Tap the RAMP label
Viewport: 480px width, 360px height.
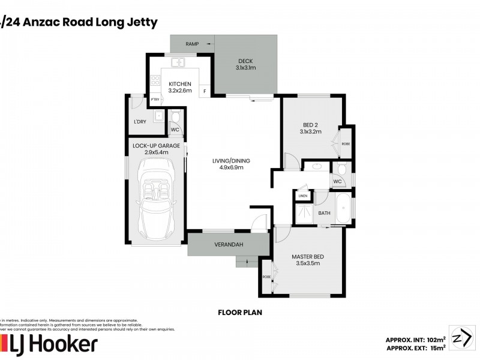[x=192, y=44]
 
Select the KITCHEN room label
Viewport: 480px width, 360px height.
[x=179, y=83]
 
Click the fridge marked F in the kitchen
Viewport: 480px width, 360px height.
[x=205, y=91]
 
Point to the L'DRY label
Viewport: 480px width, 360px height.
[x=140, y=122]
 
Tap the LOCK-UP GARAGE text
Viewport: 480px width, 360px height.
[x=155, y=145]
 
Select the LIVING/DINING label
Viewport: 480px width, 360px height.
[x=231, y=161]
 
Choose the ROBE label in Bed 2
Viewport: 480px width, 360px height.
[x=346, y=144]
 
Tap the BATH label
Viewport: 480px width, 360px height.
[x=324, y=213]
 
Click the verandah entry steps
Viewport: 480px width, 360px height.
[x=247, y=260]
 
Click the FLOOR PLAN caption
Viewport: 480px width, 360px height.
[x=240, y=313]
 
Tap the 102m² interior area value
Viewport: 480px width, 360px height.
[x=435, y=339]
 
